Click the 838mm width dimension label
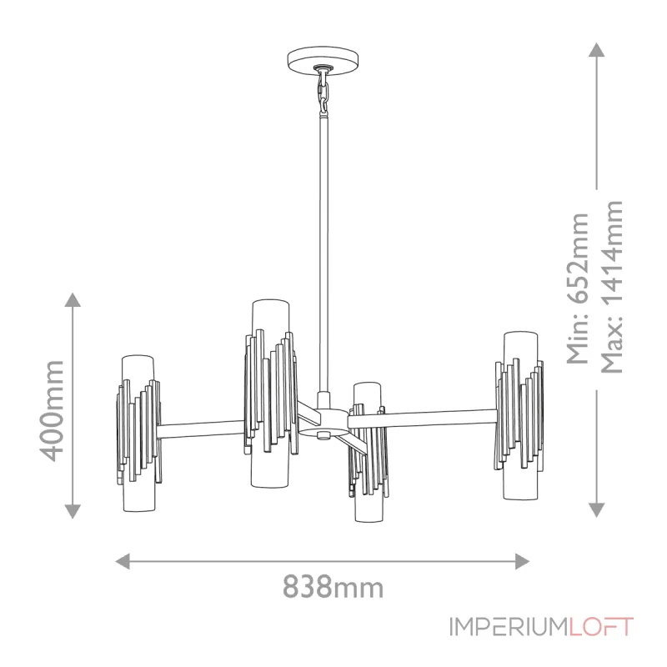333,587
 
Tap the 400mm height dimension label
53,409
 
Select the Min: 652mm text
577,288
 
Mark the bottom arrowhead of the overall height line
597,510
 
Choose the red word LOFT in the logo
602,627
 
